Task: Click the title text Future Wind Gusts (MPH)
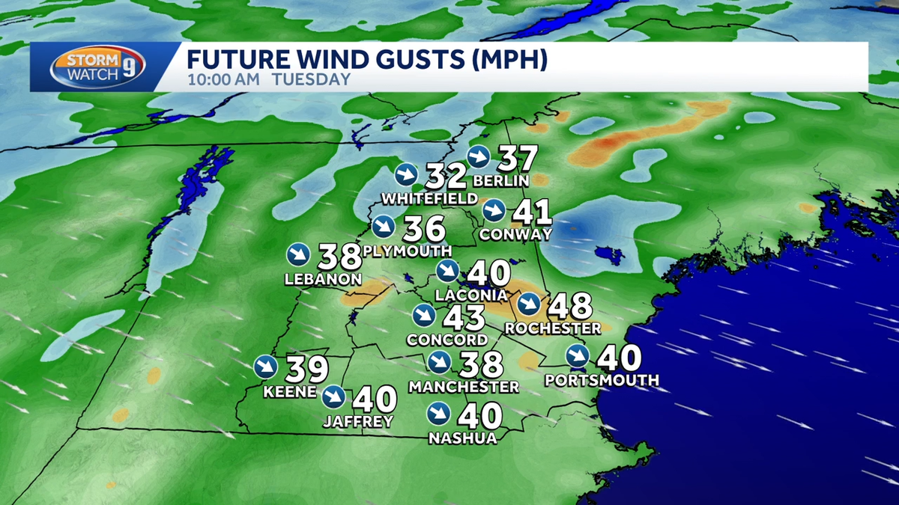tap(367, 60)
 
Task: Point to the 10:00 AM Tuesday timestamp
tap(268, 79)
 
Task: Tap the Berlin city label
tap(501, 181)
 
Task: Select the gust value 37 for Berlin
tap(518, 159)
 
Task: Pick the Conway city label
tap(515, 234)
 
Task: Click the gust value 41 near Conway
tap(532, 212)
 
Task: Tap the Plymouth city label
tap(407, 251)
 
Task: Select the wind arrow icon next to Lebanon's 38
tap(297, 254)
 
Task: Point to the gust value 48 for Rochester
tap(571, 305)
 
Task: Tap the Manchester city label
tap(464, 387)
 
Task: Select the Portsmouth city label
tap(602, 380)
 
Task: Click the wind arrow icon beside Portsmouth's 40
tap(577, 357)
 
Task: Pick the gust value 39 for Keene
tap(306, 368)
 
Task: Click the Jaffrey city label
tap(358, 422)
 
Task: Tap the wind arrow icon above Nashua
tap(438, 413)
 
